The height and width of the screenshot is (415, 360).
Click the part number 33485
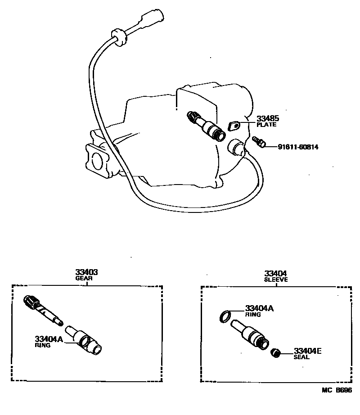(x=268, y=119)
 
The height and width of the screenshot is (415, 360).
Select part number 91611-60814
(x=298, y=146)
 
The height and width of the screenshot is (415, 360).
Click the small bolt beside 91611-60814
(x=259, y=142)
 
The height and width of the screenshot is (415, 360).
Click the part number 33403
(x=87, y=273)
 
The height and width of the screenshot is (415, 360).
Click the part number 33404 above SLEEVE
(x=276, y=273)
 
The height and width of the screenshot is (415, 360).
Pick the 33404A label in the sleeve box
(x=259, y=309)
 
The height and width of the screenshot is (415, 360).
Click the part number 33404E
(x=308, y=351)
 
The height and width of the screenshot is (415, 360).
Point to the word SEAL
(x=301, y=357)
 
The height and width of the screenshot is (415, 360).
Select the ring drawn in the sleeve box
(x=226, y=316)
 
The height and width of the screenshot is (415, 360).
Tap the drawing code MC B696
(x=336, y=390)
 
